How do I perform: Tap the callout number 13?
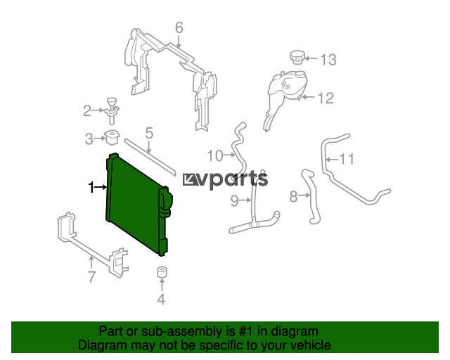pyautogui.click(x=328, y=60)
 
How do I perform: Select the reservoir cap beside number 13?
pyautogui.click(x=296, y=58)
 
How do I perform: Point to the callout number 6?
pyautogui.click(x=179, y=28)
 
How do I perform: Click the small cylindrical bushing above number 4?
pyautogui.click(x=162, y=272)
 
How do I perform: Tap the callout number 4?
pyautogui.click(x=161, y=299)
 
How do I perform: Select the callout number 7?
pyautogui.click(x=91, y=277)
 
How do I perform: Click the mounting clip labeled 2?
pyautogui.click(x=112, y=111)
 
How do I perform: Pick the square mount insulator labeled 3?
pyautogui.click(x=112, y=138)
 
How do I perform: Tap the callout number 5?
pyautogui.click(x=149, y=133)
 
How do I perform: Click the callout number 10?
pyautogui.click(x=215, y=155)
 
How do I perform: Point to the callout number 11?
pyautogui.click(x=347, y=159)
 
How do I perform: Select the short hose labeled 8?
pyautogui.click(x=311, y=196)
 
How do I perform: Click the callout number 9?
pyautogui.click(x=234, y=200)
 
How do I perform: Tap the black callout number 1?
pyautogui.click(x=91, y=187)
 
